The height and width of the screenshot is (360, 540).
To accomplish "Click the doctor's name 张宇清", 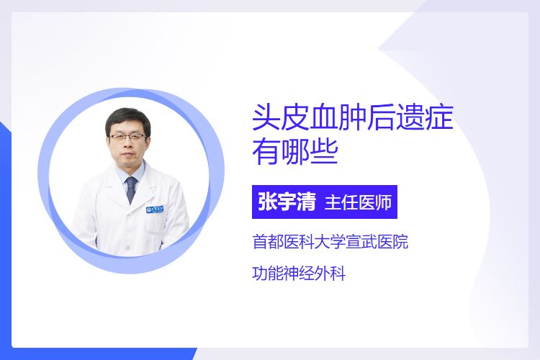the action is (x=287, y=202).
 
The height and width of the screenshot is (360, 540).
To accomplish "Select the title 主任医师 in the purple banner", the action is (x=358, y=202).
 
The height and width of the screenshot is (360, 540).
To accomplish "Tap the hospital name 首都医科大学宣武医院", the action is (x=330, y=241).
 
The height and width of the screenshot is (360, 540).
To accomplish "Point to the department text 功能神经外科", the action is (x=299, y=274).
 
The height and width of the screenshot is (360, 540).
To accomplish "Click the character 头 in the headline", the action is (x=266, y=117).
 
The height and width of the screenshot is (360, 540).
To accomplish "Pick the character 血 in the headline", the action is (x=324, y=117).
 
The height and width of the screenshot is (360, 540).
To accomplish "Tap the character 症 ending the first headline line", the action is (x=439, y=117).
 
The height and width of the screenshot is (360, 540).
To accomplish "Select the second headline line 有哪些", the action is (x=295, y=152).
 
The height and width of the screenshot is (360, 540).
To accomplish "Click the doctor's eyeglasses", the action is (x=127, y=137).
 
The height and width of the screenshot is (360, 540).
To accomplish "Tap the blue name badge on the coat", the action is (x=155, y=209).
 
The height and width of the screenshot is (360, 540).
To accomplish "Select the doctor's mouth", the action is (x=128, y=159).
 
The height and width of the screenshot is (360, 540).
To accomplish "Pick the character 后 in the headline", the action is (x=381, y=117).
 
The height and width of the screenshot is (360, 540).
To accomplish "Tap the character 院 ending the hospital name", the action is (x=400, y=241).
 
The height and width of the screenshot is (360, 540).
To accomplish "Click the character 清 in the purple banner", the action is (x=307, y=202).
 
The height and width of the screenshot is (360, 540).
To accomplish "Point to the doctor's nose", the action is (x=127, y=148).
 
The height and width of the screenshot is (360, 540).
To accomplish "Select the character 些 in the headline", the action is (x=324, y=152).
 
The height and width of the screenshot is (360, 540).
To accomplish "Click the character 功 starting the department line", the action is (x=260, y=274).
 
